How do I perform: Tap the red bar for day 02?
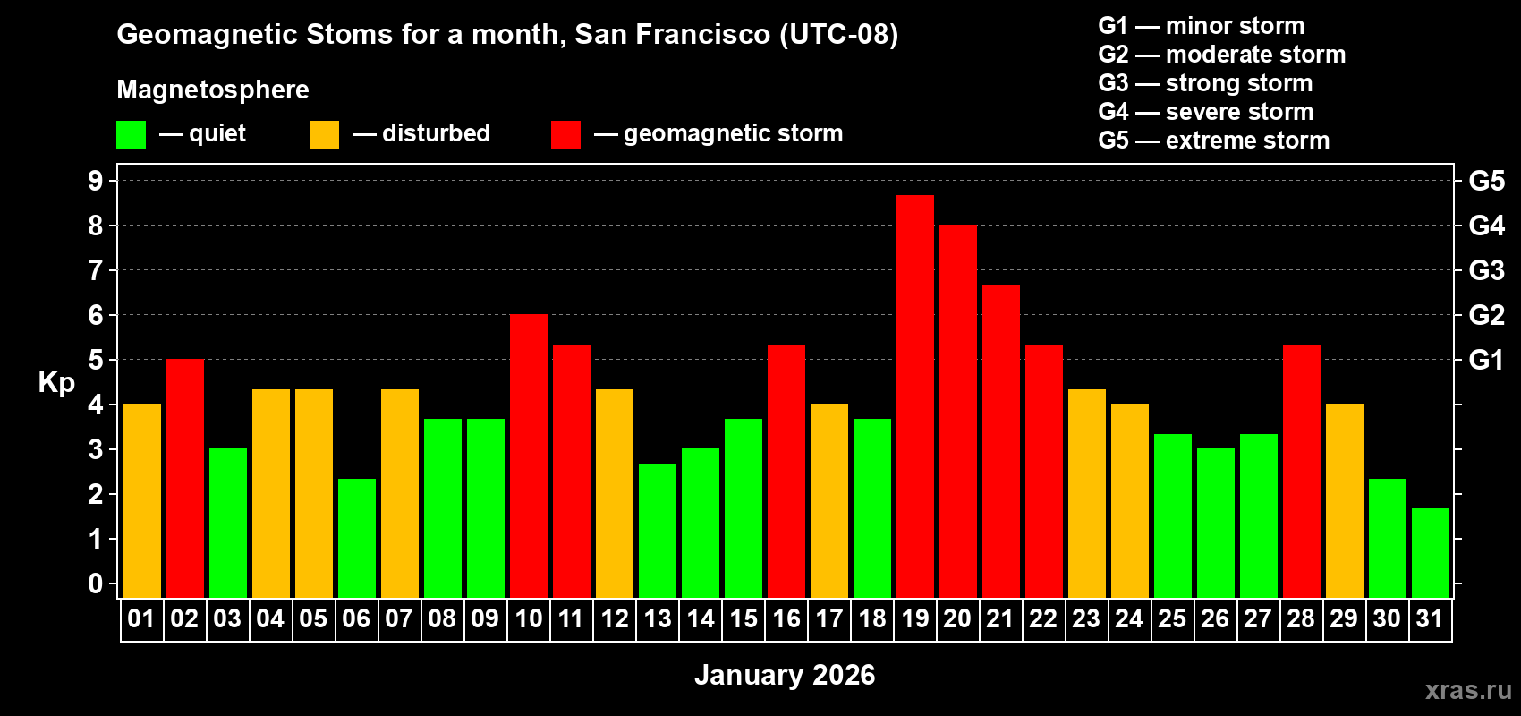coord(184,478)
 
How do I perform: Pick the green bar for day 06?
coord(356,538)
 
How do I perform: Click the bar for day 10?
coord(528,456)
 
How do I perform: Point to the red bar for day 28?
coord(1301,471)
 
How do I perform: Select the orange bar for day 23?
coord(1086,493)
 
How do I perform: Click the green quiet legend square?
coord(131,135)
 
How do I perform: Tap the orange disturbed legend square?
coord(324,135)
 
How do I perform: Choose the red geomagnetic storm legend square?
coord(565,135)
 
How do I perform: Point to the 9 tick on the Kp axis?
coord(96,181)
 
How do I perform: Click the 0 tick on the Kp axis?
coord(96,584)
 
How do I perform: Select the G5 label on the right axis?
coord(1486,181)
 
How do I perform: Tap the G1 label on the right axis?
coord(1486,360)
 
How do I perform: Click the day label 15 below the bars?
coord(743,618)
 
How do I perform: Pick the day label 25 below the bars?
coord(1172,618)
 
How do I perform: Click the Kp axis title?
coord(56,382)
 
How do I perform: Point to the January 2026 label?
coord(785,675)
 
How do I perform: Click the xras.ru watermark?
coord(1468,689)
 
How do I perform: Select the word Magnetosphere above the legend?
coord(213,89)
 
